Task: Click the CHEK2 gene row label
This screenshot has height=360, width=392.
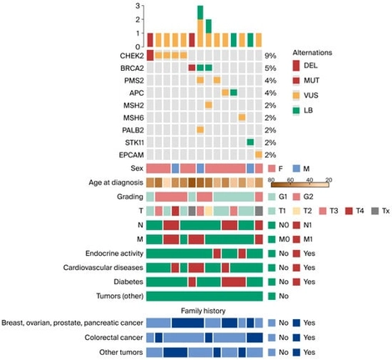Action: (128, 55)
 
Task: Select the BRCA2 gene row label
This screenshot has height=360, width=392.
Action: (128, 67)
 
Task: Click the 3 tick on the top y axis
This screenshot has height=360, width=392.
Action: (138, 7)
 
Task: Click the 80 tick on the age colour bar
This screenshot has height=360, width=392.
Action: (273, 179)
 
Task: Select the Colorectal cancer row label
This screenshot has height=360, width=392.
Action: (112, 337)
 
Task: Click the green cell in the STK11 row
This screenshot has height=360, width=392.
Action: (250, 142)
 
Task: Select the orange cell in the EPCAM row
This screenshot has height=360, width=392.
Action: (259, 155)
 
